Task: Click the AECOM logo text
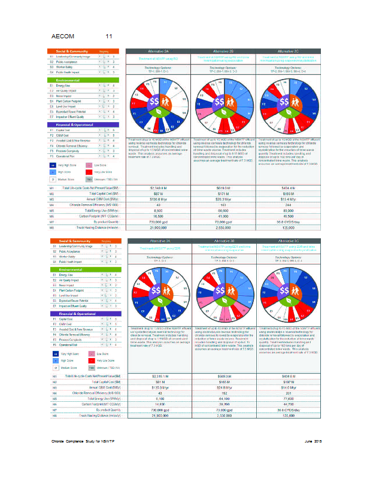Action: (64, 37)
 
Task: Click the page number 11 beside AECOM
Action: (108, 37)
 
